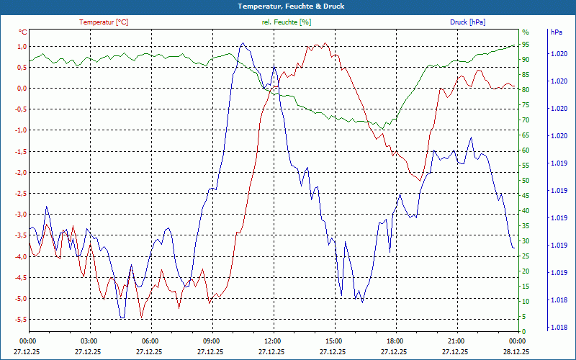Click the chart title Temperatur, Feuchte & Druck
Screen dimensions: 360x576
pyautogui.click(x=288, y=6)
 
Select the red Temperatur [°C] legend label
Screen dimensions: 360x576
pyautogui.click(x=104, y=22)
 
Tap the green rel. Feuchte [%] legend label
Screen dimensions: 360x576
pyautogui.click(x=287, y=22)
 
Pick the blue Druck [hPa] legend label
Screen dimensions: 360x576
pyautogui.click(x=467, y=22)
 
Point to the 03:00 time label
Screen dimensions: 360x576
pyautogui.click(x=89, y=341)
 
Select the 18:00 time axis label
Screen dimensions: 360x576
pyautogui.click(x=395, y=341)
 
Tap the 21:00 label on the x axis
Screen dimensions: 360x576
pyautogui.click(x=456, y=341)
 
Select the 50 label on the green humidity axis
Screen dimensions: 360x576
pyautogui.click(x=526, y=181)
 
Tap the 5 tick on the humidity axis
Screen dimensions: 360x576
pyautogui.click(x=524, y=317)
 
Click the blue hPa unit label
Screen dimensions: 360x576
pyautogui.click(x=556, y=32)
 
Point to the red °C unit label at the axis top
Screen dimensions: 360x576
pyautogui.click(x=22, y=32)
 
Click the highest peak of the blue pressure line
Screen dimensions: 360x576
pyautogui.click(x=243, y=43)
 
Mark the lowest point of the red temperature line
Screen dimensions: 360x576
pyautogui.click(x=142, y=318)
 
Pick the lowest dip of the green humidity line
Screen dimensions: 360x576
pyautogui.click(x=384, y=128)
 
